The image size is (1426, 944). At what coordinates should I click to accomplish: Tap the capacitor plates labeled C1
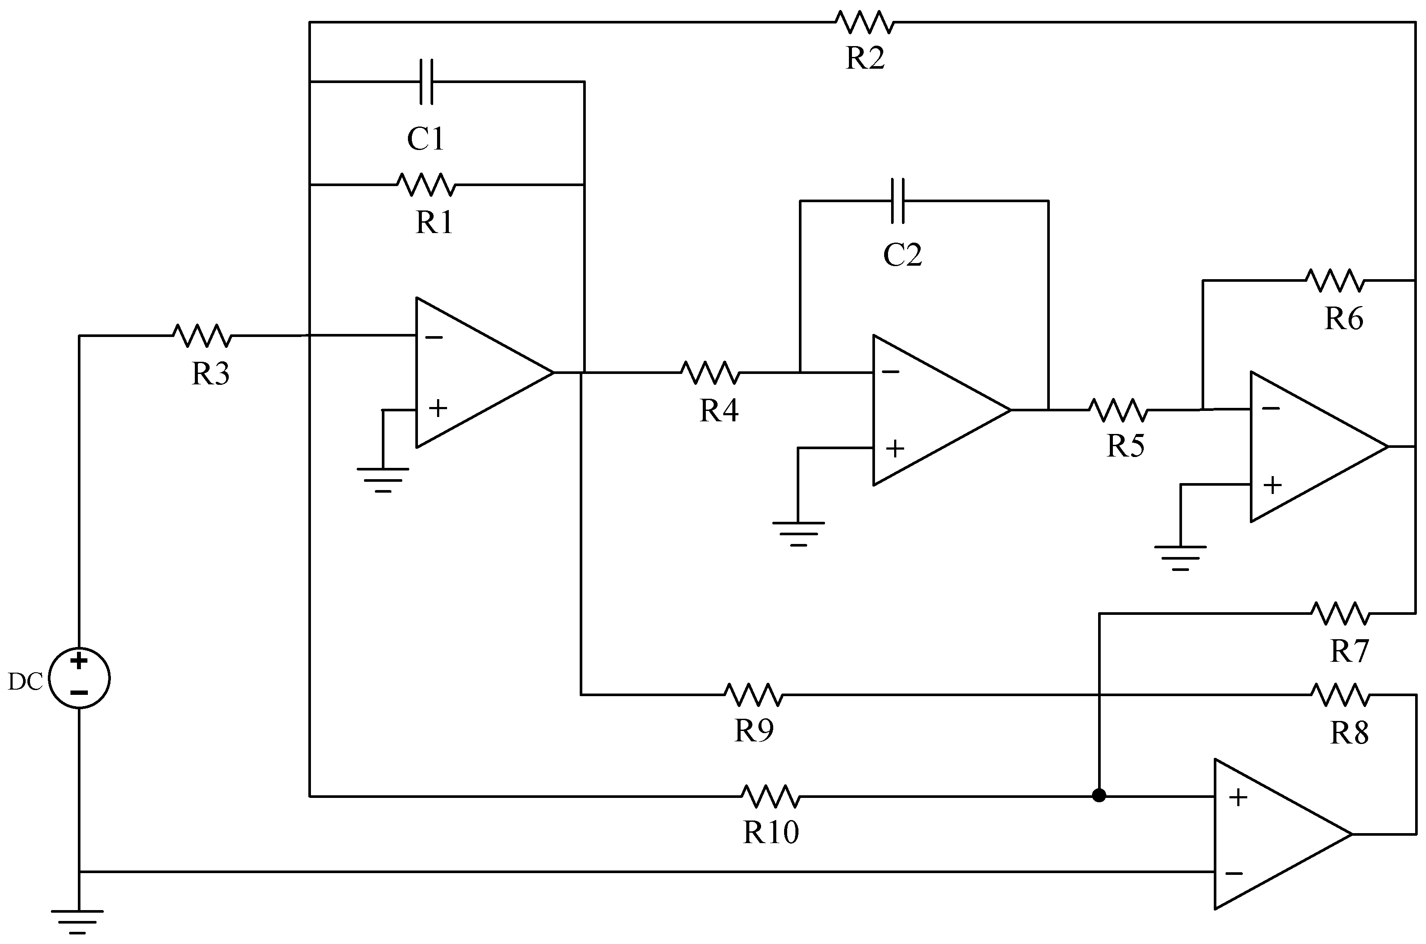pyautogui.click(x=426, y=82)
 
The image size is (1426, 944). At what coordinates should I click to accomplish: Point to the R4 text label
pyautogui.click(x=719, y=410)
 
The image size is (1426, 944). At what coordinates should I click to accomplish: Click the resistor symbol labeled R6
pyautogui.click(x=1335, y=280)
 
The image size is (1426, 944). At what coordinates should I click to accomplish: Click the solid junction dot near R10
pyautogui.click(x=1099, y=796)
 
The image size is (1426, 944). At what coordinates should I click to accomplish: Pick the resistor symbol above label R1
pyautogui.click(x=426, y=184)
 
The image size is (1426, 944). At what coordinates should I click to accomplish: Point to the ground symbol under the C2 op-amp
pyautogui.click(x=798, y=532)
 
